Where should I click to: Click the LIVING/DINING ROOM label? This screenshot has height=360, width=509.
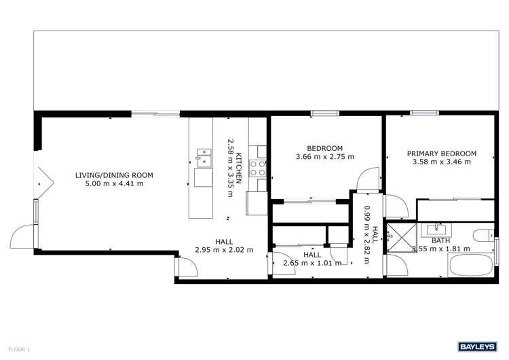[x=114, y=175]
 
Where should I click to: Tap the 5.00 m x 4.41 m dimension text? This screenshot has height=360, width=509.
[x=114, y=184]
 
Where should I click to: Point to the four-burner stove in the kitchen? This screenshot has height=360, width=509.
[x=258, y=168]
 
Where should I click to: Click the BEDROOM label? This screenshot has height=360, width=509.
[x=325, y=148]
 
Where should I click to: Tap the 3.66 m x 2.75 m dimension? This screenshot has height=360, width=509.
[x=325, y=157]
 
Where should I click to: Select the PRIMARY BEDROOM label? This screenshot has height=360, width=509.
[x=442, y=154]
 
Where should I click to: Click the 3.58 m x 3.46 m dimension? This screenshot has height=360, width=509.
[x=442, y=162]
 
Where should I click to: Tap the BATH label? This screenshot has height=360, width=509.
[x=441, y=240]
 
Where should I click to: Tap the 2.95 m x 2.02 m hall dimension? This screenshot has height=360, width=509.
[x=225, y=250]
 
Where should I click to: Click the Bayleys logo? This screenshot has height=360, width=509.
[x=478, y=346]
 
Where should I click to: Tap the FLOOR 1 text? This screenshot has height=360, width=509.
[x=20, y=349]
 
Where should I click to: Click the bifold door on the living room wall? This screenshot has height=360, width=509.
[x=43, y=180]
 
